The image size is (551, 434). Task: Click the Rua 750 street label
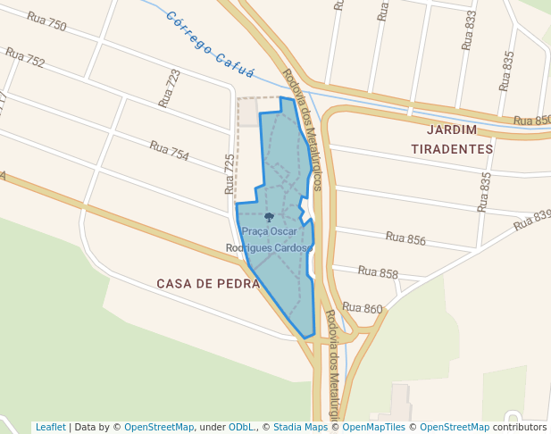click(46, 22)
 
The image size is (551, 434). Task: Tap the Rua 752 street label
click(25, 58)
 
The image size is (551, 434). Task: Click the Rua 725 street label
click(230, 174)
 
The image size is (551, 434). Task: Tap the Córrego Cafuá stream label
click(211, 46)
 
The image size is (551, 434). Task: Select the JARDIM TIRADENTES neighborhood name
click(452, 139)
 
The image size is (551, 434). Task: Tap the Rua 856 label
click(405, 238)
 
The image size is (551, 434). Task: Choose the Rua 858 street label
click(378, 272)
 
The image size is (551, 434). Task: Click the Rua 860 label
click(362, 309)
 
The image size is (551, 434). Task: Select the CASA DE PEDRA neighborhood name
click(208, 283)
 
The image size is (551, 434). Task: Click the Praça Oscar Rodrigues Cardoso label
click(268, 239)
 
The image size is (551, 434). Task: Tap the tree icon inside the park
click(269, 217)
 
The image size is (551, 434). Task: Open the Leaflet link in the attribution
click(50, 427)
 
